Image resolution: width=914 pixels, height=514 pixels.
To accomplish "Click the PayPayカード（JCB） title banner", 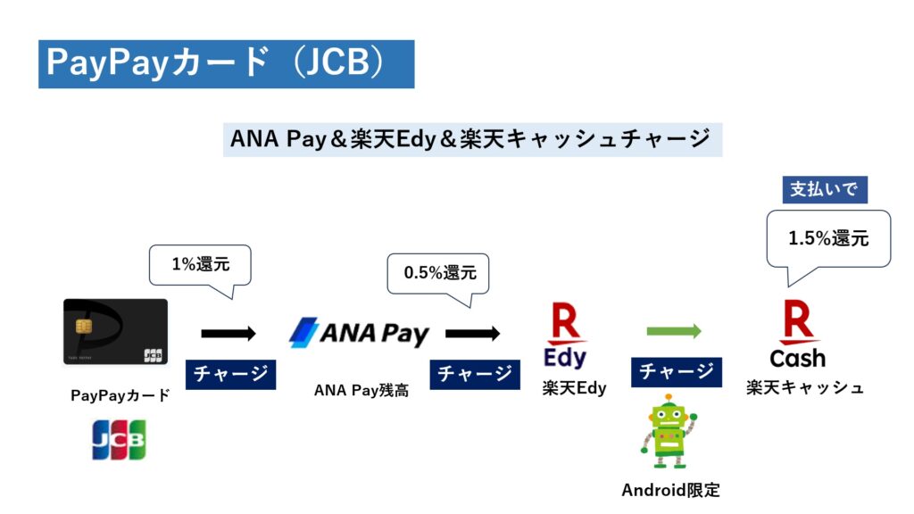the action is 226,64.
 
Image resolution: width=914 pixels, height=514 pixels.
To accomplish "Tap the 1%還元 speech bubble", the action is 200,266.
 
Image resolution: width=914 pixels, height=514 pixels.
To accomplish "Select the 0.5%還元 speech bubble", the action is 438,274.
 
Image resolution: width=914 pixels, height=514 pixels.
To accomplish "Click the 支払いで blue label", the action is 825,189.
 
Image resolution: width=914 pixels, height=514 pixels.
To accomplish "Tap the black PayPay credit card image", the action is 115,332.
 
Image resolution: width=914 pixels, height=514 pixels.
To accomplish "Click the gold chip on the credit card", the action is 83,327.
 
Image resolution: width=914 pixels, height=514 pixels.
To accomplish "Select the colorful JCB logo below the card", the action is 119,439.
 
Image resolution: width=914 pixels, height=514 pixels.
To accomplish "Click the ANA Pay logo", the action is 359,333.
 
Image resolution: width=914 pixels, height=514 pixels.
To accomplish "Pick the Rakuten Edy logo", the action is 565,335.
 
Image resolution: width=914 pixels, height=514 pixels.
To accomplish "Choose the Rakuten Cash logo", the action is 797,334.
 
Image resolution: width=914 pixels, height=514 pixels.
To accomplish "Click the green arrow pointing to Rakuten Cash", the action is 674,332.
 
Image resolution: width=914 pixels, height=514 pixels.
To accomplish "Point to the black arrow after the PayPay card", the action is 228,334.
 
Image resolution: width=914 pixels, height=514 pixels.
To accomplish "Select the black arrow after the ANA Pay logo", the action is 473,334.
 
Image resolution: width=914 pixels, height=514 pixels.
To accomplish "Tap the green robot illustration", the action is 669,431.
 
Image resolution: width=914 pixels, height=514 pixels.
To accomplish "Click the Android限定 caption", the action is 671,490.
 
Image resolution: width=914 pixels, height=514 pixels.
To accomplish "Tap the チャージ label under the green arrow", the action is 677,372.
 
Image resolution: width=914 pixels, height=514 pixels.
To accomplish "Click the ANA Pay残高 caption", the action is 361,390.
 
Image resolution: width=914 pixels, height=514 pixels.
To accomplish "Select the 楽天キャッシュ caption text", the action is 805,387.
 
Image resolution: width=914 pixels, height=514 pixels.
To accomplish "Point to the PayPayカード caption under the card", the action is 120,395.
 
